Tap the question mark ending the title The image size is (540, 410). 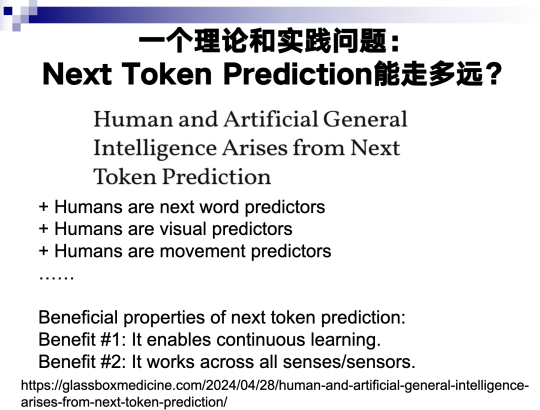point(493,73)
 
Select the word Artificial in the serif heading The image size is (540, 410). point(271,119)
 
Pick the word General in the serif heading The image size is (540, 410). point(365,119)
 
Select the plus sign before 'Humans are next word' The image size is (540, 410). point(43,207)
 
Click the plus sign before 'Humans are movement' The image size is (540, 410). point(43,251)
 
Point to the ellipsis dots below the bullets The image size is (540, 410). point(56,277)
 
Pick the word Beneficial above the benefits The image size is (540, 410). point(78,317)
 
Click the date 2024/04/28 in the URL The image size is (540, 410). point(240,385)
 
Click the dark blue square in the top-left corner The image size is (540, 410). point(7,10)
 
